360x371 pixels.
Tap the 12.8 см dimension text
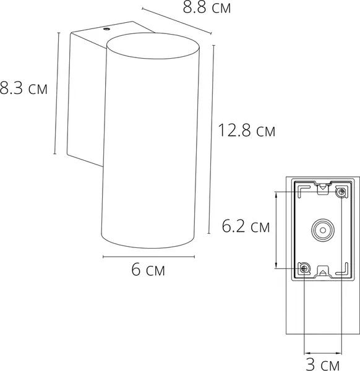[x=247, y=130]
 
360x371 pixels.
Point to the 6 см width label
[x=151, y=270]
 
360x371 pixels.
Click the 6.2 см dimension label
[x=246, y=227]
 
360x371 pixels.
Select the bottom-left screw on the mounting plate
[x=304, y=268]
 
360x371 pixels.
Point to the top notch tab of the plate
[x=322, y=187]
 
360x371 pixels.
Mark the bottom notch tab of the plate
[x=322, y=272]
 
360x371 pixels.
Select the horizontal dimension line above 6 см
[x=151, y=256]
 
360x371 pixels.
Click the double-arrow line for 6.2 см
[x=276, y=229]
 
